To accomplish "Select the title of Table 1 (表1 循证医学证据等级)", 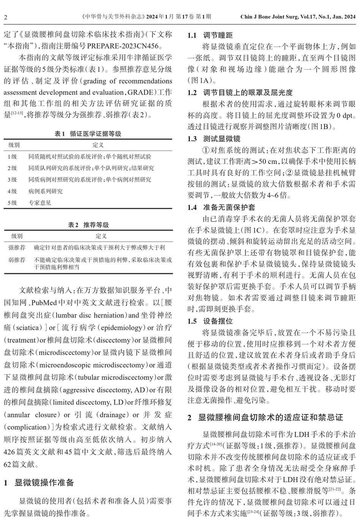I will (x=88, y=133).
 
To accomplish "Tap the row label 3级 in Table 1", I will (x=12, y=180).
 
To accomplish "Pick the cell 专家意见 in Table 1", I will (x=40, y=203).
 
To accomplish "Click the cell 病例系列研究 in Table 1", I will (x=46, y=192).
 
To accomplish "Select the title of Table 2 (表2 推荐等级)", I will (x=88, y=225).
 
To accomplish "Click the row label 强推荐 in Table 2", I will (x=17, y=248).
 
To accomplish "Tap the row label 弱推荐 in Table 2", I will (x=17, y=260).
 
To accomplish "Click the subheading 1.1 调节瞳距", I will (x=210, y=36).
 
